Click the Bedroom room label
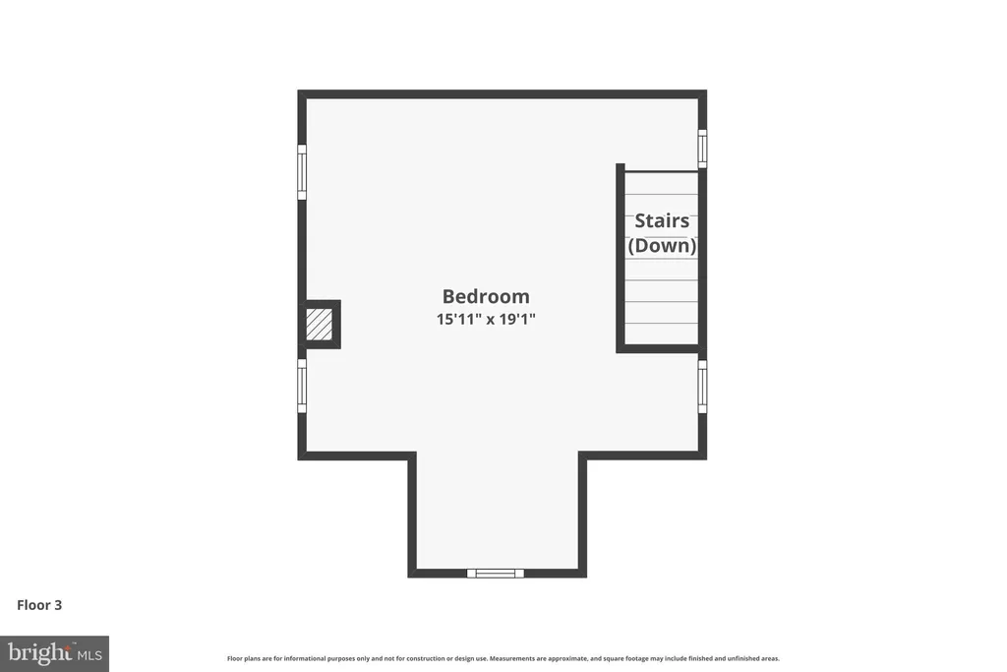coord(486,296)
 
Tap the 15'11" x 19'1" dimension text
coord(486,319)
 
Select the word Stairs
coord(662,221)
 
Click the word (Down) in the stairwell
coord(662,245)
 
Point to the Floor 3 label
coord(39,605)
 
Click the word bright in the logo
coord(39,652)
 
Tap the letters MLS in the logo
coord(89,656)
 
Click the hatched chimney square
coord(319,325)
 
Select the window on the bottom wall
coord(496,573)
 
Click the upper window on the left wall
coord(302,172)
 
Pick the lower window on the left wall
coord(302,386)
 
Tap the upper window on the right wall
coord(702,149)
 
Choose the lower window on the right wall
coord(702,387)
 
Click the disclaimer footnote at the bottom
coord(503,658)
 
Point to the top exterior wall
coord(503,93)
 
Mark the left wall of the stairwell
coord(621,258)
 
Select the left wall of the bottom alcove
coord(412,515)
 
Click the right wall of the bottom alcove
coord(582,515)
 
